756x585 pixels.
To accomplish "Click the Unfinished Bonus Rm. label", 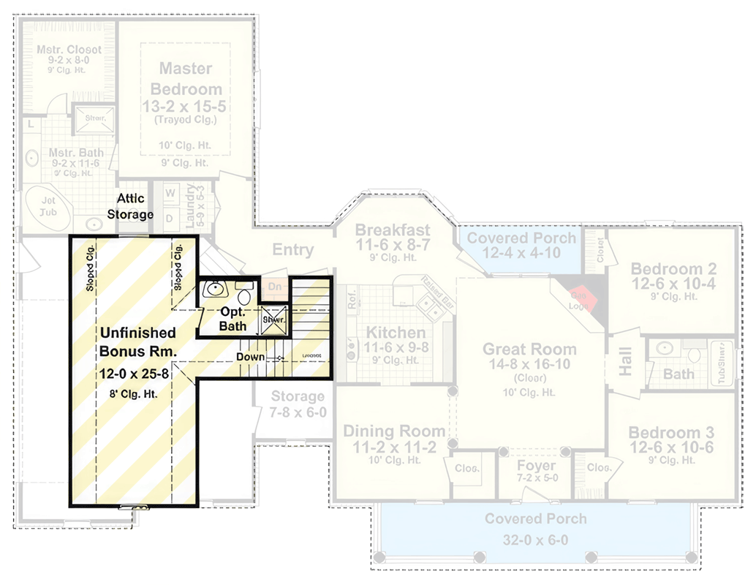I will pos(138,341).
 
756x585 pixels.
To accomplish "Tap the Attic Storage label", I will pos(130,206).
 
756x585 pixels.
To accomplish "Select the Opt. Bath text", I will pos(233,318).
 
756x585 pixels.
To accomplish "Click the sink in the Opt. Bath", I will pos(215,290).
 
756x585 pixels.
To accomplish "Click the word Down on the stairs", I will pos(249,357).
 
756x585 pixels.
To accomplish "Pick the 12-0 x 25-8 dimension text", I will pos(137,373).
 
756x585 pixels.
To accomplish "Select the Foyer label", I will pos(536,466).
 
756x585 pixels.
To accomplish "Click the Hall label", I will pos(626,361).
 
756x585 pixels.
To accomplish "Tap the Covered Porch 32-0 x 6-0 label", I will pos(535,529).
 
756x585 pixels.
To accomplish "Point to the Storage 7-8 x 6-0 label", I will pos(298,404).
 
